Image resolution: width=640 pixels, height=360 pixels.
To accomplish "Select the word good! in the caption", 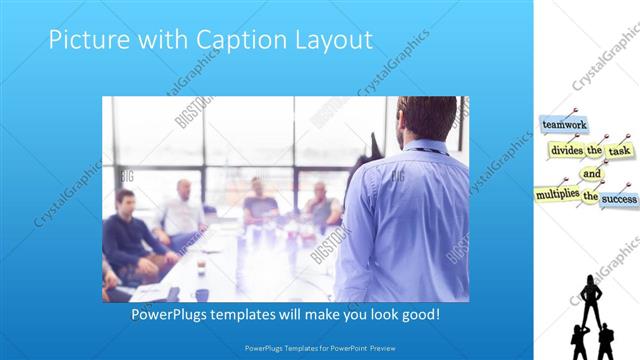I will (417, 314).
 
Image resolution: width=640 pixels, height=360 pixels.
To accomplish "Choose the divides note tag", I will (566, 150).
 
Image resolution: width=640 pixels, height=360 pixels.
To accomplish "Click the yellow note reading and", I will (592, 173).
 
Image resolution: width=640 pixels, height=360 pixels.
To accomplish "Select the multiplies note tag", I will (556, 192).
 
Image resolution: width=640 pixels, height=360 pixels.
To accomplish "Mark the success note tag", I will (619, 198).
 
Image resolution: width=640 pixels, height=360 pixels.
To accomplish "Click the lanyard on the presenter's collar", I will (420, 149).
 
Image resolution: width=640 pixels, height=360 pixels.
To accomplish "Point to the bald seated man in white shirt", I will (183, 210).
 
